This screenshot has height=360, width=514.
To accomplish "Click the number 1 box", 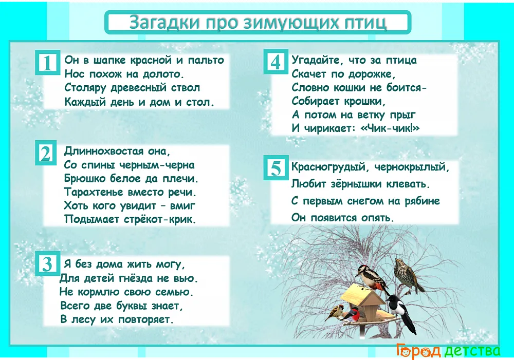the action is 47,63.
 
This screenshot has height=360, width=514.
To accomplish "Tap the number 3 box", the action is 47,263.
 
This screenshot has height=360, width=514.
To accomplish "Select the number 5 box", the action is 276,168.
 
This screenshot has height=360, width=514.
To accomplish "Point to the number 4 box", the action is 276,62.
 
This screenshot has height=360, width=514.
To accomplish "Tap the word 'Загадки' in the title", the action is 165,23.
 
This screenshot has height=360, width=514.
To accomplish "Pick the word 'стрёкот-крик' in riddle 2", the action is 160,219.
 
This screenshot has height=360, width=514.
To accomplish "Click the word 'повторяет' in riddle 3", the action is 145,319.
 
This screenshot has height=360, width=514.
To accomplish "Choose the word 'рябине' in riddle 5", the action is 422,201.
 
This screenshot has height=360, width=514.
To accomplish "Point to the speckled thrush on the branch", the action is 408,275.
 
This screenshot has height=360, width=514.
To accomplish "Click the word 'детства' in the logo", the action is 473,351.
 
